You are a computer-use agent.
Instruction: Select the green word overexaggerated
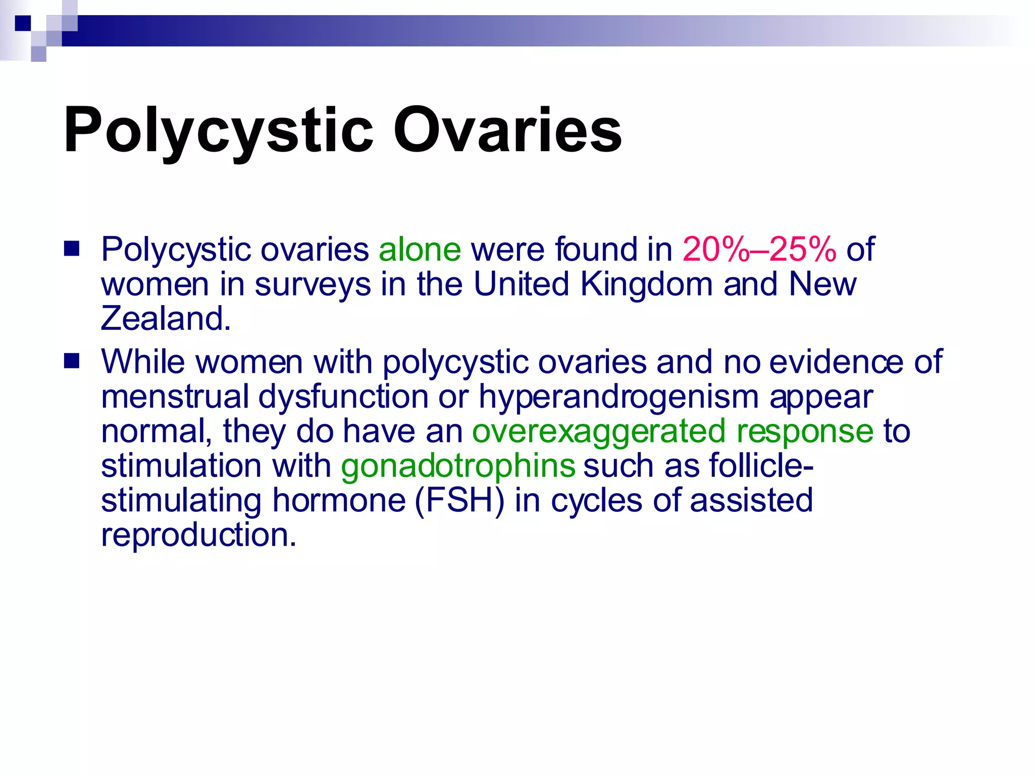pos(599,431)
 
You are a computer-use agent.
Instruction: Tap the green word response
pos(805,432)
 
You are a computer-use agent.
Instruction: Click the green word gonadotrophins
pos(458,466)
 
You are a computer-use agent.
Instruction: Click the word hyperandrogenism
pos(618,397)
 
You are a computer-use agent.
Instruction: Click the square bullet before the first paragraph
pos(72,249)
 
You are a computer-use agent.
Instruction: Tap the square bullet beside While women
pos(72,362)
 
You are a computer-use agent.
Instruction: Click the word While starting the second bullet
pos(143,362)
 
